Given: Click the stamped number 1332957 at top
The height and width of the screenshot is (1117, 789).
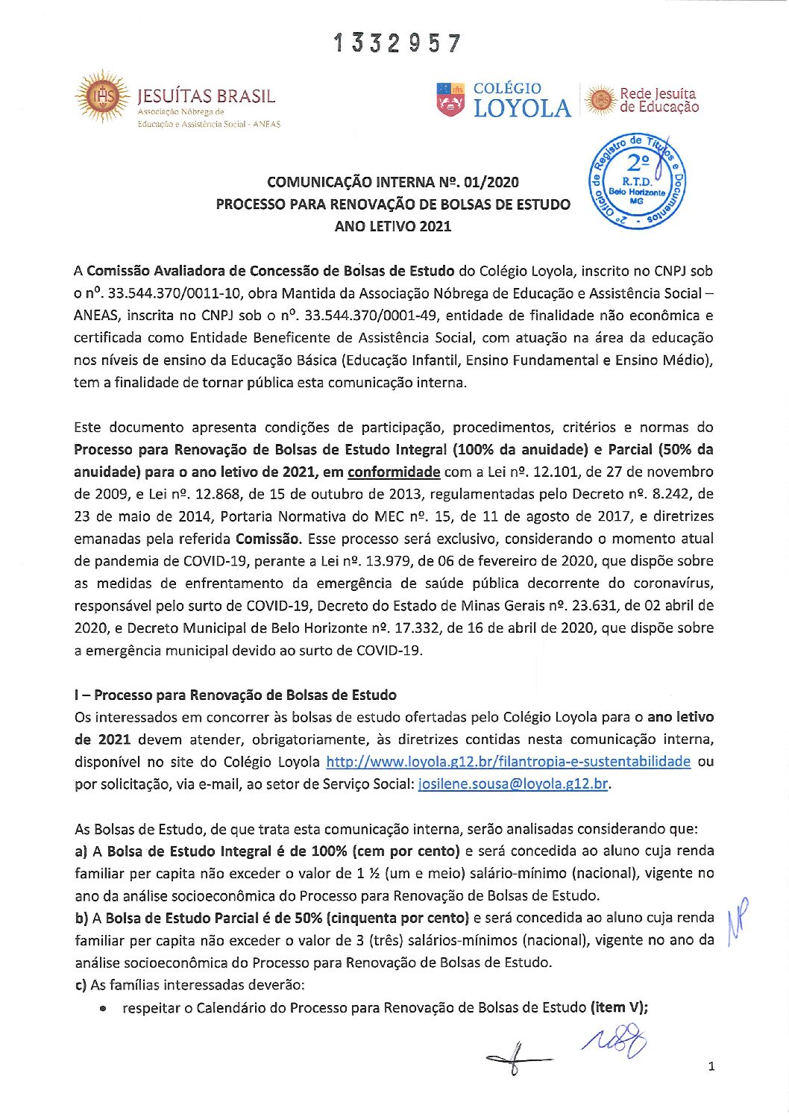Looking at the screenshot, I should coord(397,43).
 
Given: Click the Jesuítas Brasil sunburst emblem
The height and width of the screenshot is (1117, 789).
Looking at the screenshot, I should coord(101,96).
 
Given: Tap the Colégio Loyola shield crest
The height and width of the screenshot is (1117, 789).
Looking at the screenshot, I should coord(450,100).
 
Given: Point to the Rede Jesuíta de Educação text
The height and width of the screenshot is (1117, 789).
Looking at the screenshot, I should coord(659,100).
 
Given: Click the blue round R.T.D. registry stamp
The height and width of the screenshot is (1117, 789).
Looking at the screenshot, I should coord(637,182).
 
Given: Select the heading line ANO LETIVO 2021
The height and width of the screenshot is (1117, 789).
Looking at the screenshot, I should coord(393,226).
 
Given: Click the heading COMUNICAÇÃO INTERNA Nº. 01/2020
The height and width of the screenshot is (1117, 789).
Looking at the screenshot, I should coord(393,182).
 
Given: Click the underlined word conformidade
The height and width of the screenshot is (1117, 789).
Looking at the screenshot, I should coord(394,472).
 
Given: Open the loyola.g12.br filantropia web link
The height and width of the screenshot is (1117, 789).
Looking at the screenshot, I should coord(509,762).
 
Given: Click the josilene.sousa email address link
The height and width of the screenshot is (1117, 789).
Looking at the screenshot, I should coord(514,784).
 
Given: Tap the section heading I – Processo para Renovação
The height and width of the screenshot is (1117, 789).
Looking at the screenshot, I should coord(236,695).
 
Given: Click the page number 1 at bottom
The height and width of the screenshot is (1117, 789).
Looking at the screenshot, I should coord(711,1066).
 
